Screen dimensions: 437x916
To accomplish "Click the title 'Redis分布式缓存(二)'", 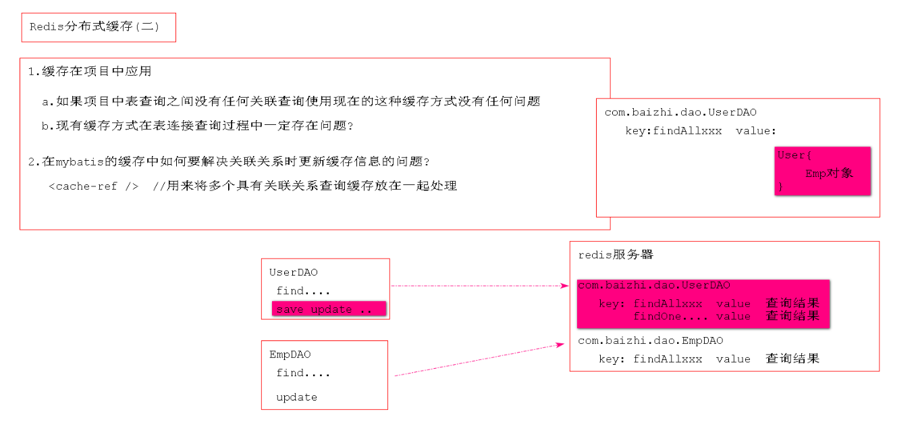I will tap(95, 28).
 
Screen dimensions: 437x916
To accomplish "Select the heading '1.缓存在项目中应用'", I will tap(90, 71).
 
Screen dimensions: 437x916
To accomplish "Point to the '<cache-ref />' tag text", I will tap(94, 186).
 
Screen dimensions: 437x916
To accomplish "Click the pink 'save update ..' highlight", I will tap(328, 309).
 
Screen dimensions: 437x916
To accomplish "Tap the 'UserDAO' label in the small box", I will tap(294, 273).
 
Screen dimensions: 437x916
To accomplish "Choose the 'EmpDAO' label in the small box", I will tap(290, 355).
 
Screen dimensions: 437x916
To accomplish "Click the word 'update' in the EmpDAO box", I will tap(296, 397).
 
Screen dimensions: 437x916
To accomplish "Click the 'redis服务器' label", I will tap(616, 255).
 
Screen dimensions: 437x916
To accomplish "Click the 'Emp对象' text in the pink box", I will tap(829, 173).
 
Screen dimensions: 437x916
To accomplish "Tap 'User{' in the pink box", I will tap(792, 155).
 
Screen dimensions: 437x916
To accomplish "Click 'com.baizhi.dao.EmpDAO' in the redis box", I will tap(650, 341).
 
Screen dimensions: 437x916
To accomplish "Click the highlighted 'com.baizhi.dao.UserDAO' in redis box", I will tap(653, 286).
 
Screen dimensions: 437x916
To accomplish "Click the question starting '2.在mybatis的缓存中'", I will tap(230, 162).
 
